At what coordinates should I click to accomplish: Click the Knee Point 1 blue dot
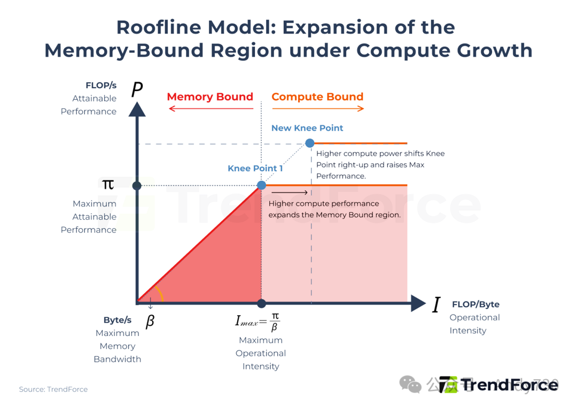pyautogui.click(x=261, y=185)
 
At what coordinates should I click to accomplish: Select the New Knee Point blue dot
pyautogui.click(x=310, y=143)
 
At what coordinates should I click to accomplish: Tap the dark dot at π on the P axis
pyautogui.click(x=137, y=186)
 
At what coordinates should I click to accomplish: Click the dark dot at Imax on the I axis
pyautogui.click(x=261, y=303)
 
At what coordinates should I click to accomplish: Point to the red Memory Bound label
pyautogui.click(x=210, y=97)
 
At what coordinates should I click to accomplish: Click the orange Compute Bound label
pyautogui.click(x=317, y=97)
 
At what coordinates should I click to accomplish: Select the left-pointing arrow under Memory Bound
pyautogui.click(x=210, y=109)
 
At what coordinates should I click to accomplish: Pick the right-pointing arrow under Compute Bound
pyautogui.click(x=318, y=109)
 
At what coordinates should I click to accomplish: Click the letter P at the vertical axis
pyautogui.click(x=137, y=90)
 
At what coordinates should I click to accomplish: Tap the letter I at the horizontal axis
pyautogui.click(x=436, y=305)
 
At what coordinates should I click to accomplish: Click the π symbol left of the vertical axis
pyautogui.click(x=108, y=185)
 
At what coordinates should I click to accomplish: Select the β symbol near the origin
pyautogui.click(x=150, y=321)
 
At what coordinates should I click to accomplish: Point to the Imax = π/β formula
pyautogui.click(x=258, y=321)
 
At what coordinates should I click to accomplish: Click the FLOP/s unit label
pyautogui.click(x=101, y=85)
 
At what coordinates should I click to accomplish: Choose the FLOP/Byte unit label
pyautogui.click(x=475, y=305)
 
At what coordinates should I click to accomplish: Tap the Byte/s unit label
pyautogui.click(x=118, y=320)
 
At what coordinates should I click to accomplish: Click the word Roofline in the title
pyautogui.click(x=154, y=27)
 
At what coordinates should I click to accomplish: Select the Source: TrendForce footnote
pyautogui.click(x=53, y=389)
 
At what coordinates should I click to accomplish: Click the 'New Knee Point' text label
pyautogui.click(x=307, y=128)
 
